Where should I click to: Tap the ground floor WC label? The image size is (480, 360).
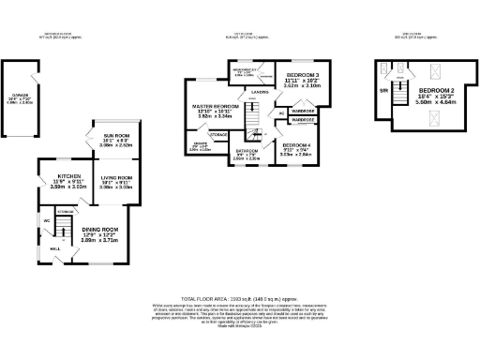tap(45, 221)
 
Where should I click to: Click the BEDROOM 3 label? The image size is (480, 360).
tap(303, 74)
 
